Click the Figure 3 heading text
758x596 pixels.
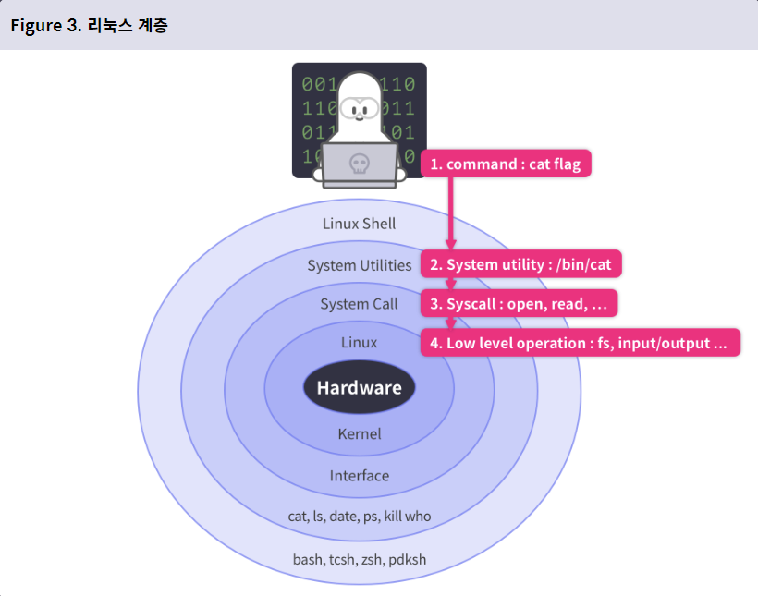tap(89, 25)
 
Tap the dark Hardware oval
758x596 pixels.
tap(360, 387)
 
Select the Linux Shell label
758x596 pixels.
tap(359, 224)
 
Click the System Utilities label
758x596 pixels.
tap(360, 265)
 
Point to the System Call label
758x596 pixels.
tap(360, 304)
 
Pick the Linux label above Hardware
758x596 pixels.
tap(360, 343)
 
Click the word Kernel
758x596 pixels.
tap(360, 433)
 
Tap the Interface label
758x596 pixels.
tap(360, 476)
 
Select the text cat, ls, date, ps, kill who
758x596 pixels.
tap(360, 516)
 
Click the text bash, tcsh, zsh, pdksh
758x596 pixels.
tap(360, 560)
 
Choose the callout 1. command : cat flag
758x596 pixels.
tap(506, 164)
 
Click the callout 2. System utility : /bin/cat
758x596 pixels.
tap(521, 265)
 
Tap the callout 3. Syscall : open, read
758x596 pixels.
tap(519, 304)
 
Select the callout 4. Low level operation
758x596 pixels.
tap(581, 343)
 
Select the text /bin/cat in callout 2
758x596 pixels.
tap(584, 265)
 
